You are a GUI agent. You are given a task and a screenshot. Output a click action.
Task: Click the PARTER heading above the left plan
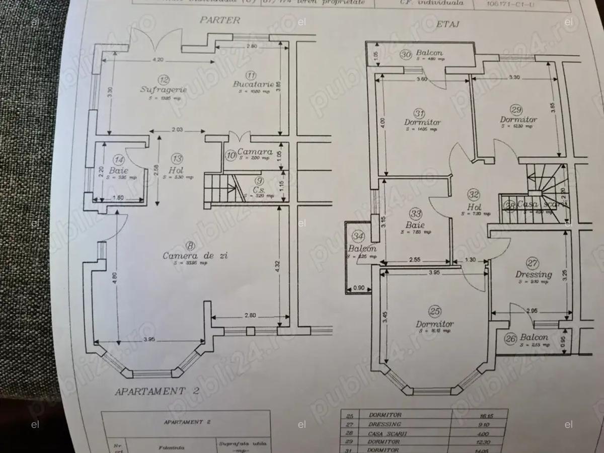coord(220,21)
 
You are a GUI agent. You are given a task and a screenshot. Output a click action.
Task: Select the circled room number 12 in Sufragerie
coord(164,79)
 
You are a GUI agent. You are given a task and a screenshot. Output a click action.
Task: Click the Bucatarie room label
coord(254,84)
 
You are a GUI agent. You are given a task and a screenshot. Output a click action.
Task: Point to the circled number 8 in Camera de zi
coord(190,246)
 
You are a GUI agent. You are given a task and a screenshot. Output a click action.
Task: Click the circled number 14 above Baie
coord(119,160)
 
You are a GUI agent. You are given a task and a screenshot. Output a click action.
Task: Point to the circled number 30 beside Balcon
coord(406,54)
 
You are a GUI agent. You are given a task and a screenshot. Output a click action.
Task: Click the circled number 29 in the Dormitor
coord(516,110)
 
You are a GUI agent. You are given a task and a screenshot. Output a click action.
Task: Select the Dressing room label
coord(533,274)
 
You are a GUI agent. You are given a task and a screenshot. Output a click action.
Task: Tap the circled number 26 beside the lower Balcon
coord(511,339)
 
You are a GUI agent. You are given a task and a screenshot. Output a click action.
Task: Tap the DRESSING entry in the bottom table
coord(385,424)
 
